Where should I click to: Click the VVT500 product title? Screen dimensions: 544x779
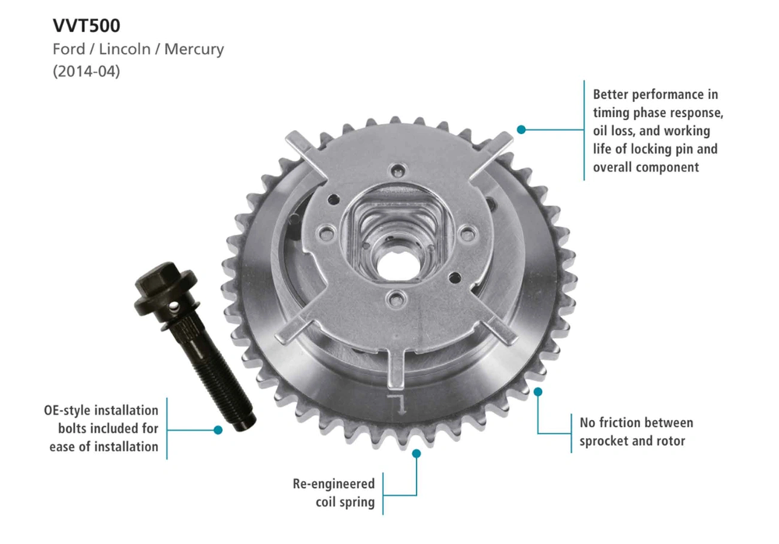coord(86,25)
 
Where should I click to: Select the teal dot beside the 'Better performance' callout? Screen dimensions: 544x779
coord(521,129)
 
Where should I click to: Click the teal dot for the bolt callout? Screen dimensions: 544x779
coord(218,429)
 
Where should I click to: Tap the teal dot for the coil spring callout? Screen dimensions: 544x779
coord(416,453)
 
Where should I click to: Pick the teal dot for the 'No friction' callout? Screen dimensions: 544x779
coord(538,392)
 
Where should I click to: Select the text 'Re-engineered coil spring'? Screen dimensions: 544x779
coord(333,493)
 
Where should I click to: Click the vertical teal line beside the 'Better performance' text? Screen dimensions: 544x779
coord(584,129)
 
